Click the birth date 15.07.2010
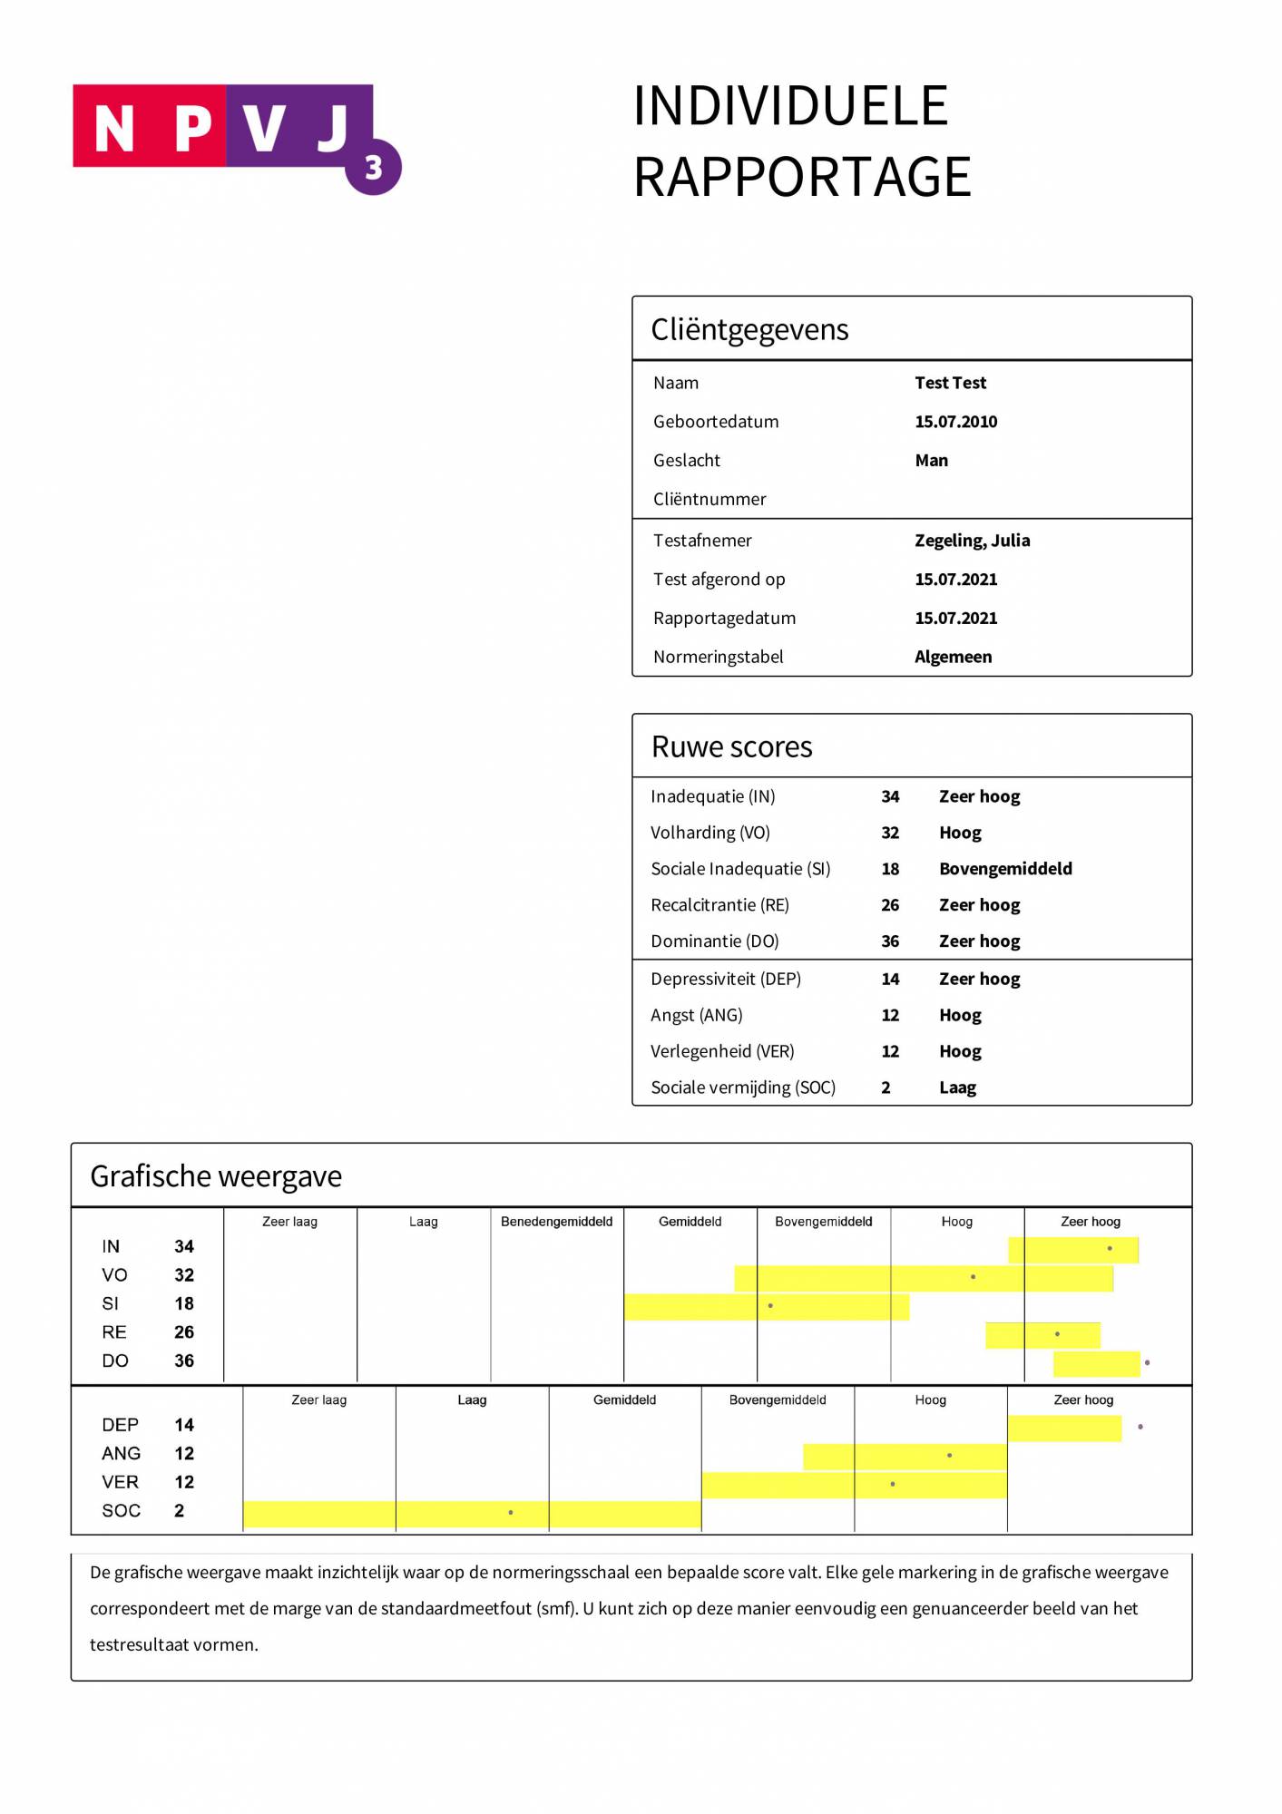click(x=955, y=422)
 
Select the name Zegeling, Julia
click(x=972, y=541)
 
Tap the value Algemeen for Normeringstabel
click(x=953, y=657)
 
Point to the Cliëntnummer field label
click(x=710, y=499)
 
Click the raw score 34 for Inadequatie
click(x=890, y=796)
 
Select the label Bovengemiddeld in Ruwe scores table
click(x=1005, y=869)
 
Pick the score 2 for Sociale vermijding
click(x=886, y=1087)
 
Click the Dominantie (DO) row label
click(x=715, y=941)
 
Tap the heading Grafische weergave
click(x=216, y=1176)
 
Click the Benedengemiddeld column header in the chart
click(x=556, y=1222)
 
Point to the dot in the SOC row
click(x=511, y=1512)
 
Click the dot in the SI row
click(x=770, y=1305)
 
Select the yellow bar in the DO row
click(x=1096, y=1363)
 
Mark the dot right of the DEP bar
click(x=1140, y=1427)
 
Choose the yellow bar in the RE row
click(x=1042, y=1334)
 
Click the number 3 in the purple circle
click(x=373, y=168)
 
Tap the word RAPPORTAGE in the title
click(x=802, y=177)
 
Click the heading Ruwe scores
click(x=731, y=746)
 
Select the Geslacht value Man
click(x=931, y=461)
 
